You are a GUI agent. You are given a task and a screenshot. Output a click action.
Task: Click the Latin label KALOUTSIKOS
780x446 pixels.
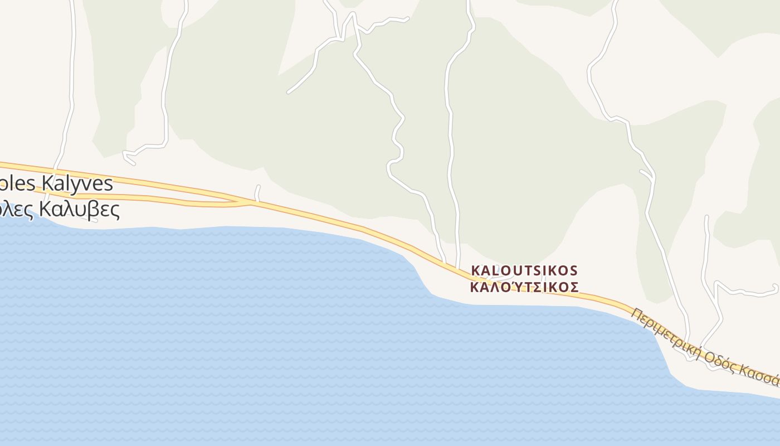(524, 270)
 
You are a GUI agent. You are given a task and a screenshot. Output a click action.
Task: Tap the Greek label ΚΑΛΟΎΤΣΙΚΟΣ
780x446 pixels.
(524, 287)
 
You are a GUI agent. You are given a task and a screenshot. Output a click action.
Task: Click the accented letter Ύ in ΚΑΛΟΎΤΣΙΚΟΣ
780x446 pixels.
(510, 287)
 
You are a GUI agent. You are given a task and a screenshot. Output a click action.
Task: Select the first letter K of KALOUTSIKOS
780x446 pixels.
(475, 271)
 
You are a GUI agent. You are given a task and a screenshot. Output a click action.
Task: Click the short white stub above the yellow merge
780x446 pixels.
(257, 193)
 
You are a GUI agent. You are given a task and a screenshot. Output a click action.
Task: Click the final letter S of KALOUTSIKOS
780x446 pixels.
(574, 271)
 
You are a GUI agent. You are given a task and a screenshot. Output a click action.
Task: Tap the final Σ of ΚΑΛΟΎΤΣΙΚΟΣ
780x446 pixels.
(574, 288)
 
